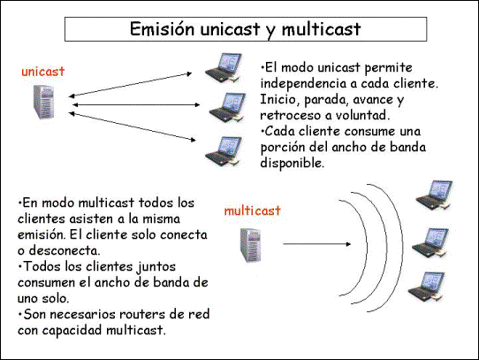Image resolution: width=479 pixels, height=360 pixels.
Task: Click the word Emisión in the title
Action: [163, 29]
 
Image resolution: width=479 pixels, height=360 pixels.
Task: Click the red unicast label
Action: [43, 72]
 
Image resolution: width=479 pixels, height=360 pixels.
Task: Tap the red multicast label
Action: [253, 211]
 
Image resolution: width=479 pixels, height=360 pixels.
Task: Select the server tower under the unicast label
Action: [44, 102]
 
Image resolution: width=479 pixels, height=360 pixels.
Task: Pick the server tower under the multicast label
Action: [251, 245]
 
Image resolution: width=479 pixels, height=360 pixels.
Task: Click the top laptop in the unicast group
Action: [224, 67]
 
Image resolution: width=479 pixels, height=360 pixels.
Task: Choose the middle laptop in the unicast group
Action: [228, 108]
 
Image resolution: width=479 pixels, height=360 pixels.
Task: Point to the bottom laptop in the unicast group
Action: [224, 151]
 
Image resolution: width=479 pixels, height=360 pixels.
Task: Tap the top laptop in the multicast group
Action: [435, 195]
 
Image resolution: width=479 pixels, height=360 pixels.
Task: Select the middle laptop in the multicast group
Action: [430, 242]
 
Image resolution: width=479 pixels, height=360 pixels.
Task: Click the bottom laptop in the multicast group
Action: [427, 287]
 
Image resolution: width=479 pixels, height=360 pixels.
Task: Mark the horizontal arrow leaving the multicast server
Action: [316, 244]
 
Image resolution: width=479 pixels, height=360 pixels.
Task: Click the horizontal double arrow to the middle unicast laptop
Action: [136, 105]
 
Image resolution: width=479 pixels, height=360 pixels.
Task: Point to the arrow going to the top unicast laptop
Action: [131, 85]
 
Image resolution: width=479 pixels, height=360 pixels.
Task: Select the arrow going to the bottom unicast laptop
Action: [132, 126]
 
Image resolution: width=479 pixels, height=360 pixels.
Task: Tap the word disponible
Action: [292, 163]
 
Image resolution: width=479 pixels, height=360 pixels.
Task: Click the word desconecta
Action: [65, 251]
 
